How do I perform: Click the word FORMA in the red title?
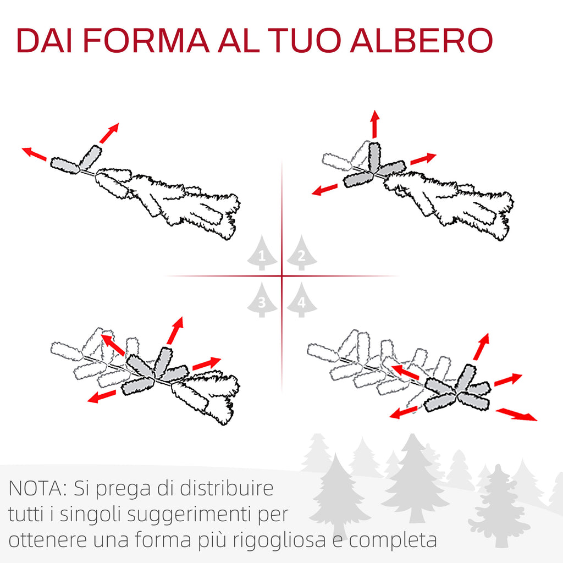point(146,40)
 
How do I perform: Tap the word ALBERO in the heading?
point(421,40)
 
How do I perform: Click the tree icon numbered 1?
point(262,253)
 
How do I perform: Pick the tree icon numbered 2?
point(302,253)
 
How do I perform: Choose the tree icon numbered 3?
point(262,300)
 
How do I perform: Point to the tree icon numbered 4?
point(302,300)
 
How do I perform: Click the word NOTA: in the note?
point(38,488)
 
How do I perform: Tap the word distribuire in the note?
point(227,488)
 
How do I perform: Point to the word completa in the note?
point(393,540)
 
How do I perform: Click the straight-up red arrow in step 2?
point(375,124)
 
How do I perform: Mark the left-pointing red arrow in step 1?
point(34,154)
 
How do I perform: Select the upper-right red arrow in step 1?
point(109,133)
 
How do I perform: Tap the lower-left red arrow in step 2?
point(325,190)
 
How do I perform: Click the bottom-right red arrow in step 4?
point(516,415)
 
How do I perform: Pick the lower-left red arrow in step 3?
point(102,397)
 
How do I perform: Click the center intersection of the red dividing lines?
point(282,276)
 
